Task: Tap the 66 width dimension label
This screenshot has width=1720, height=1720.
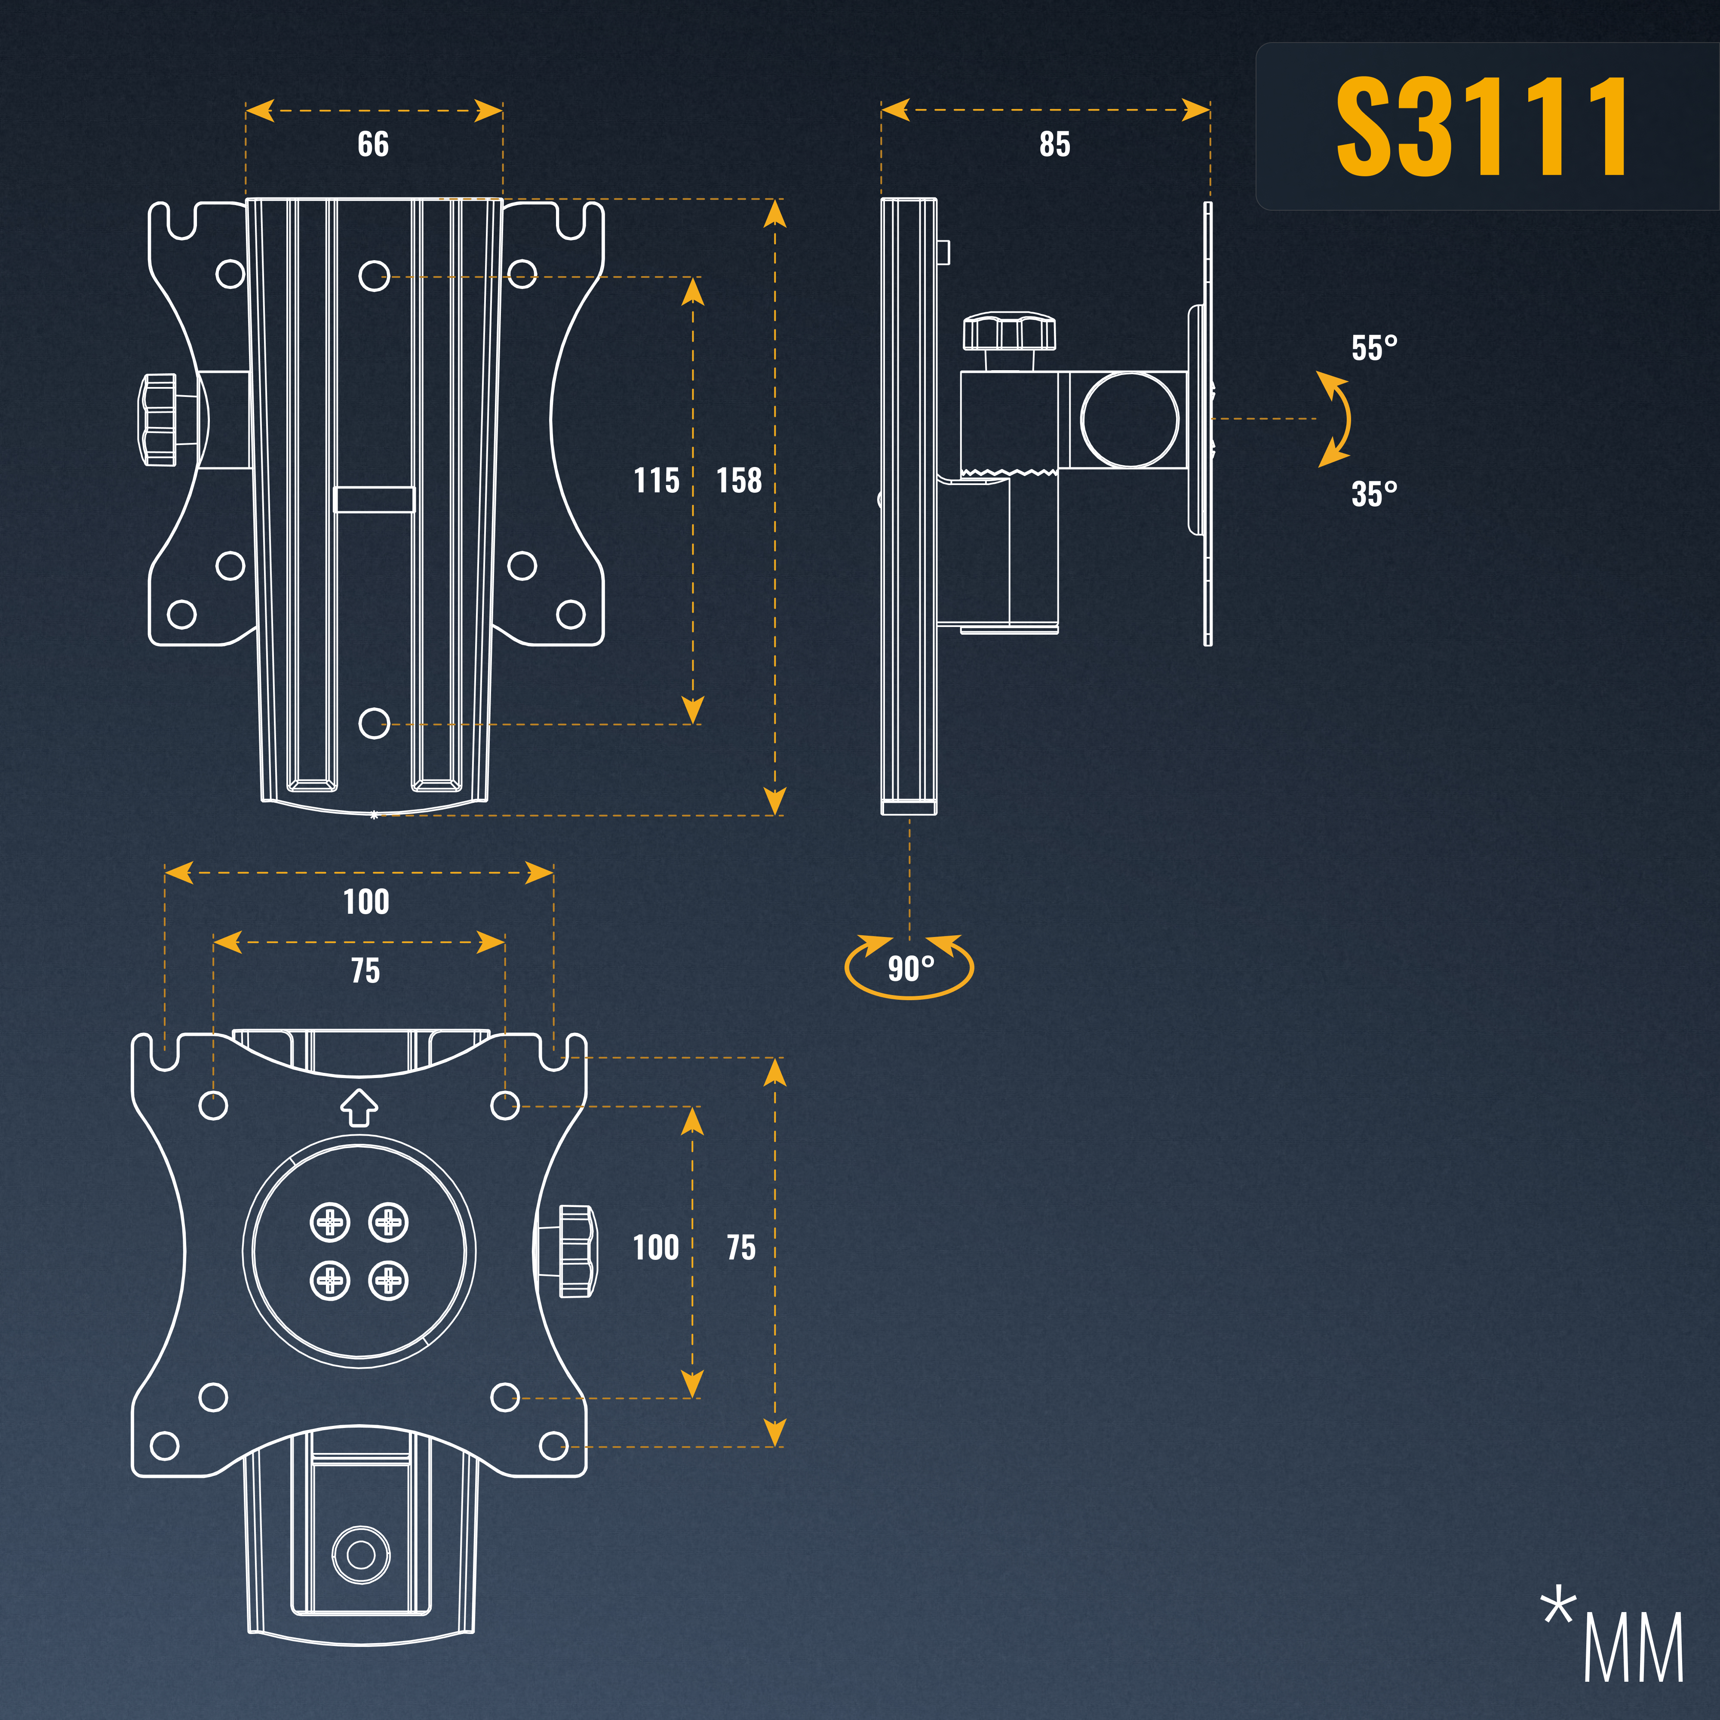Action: point(373,144)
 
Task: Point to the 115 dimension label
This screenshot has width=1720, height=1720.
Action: point(656,481)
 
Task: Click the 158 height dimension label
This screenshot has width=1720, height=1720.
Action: point(739,481)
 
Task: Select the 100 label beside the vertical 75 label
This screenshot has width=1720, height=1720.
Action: point(656,1247)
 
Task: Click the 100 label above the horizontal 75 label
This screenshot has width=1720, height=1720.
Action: point(366,902)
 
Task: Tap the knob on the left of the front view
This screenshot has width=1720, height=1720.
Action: point(157,418)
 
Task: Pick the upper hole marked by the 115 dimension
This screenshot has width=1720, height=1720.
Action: point(374,276)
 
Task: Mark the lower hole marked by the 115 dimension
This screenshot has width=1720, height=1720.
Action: point(374,723)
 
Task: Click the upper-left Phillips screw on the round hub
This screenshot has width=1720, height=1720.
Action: point(329,1222)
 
